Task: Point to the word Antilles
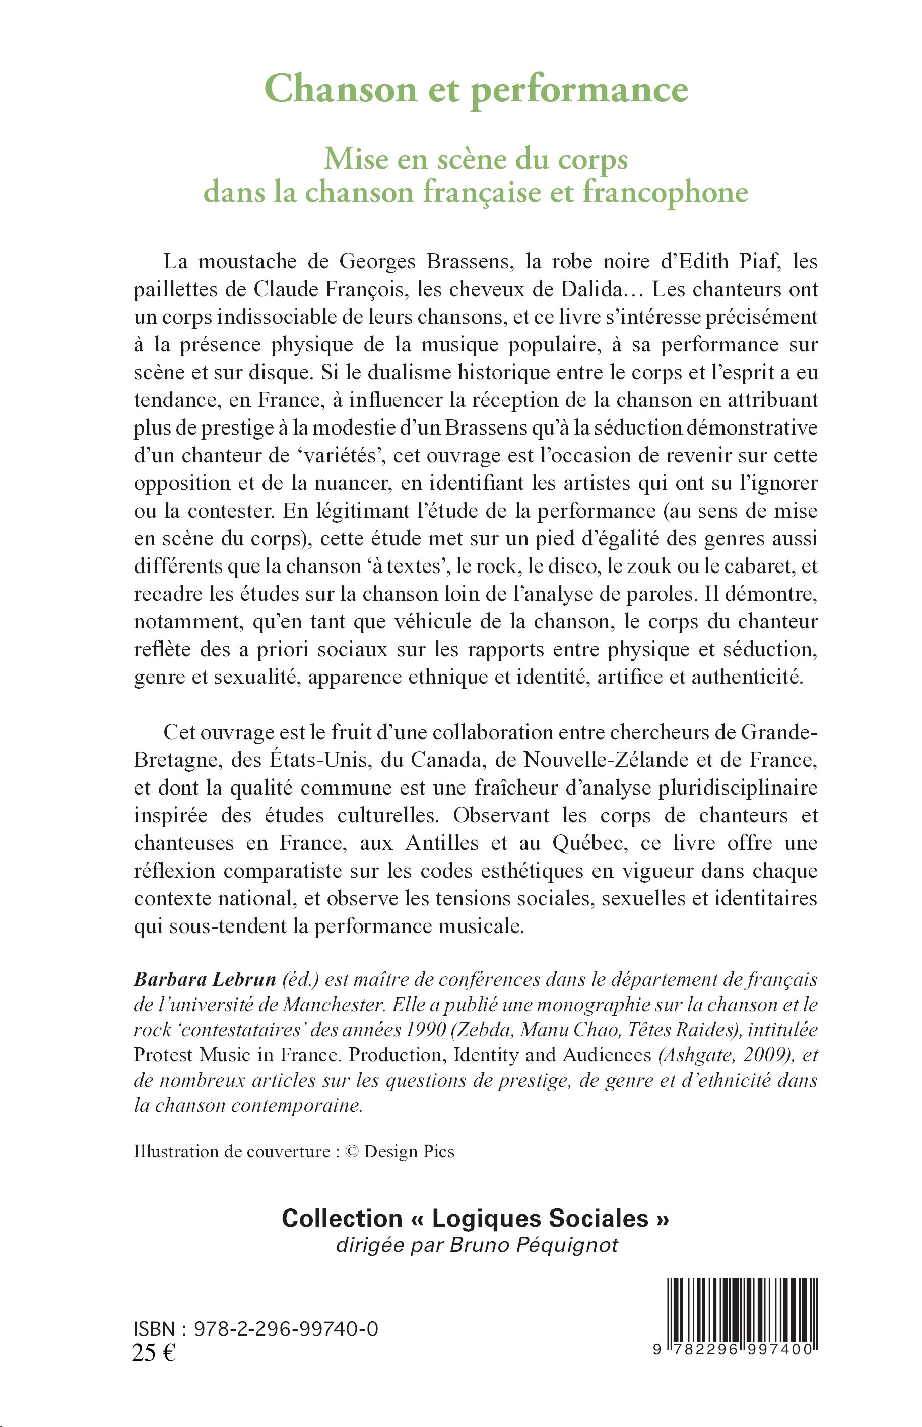442,843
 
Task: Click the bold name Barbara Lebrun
205,979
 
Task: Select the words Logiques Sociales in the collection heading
540,1218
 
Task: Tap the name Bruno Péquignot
534,1245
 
